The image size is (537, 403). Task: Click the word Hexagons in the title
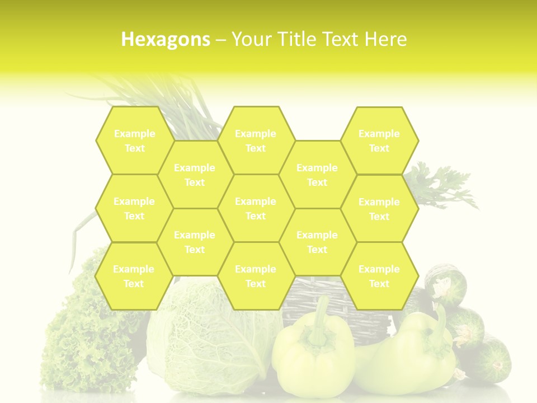tap(166, 39)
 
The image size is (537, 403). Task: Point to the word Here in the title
tap(386, 39)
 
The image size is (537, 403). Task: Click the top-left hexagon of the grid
tap(134, 140)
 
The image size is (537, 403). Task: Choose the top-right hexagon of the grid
tap(379, 140)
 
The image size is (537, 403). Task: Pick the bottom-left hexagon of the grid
tap(134, 276)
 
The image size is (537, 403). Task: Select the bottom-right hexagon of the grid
tap(379, 276)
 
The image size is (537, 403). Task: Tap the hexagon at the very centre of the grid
tap(256, 208)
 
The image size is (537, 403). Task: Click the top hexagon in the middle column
tap(256, 140)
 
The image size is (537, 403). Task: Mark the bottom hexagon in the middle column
tap(256, 276)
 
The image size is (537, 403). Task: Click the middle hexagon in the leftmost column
tap(134, 208)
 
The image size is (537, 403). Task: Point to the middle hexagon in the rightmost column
tap(379, 209)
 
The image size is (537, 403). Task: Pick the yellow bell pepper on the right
tap(414, 353)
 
